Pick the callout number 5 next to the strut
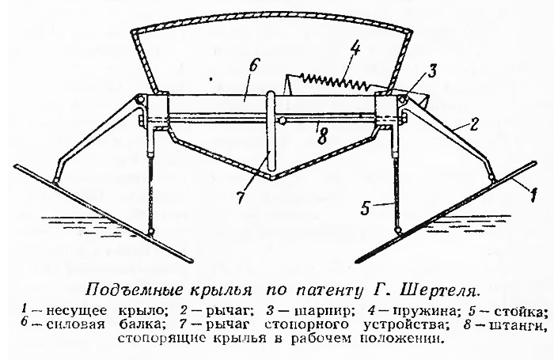coord(365,208)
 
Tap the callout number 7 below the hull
coord(241,196)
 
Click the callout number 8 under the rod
coord(321,136)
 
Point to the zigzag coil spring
coord(333,81)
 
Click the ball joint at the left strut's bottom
coord(152,231)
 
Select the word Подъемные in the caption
coord(135,290)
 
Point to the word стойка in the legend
coord(521,312)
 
